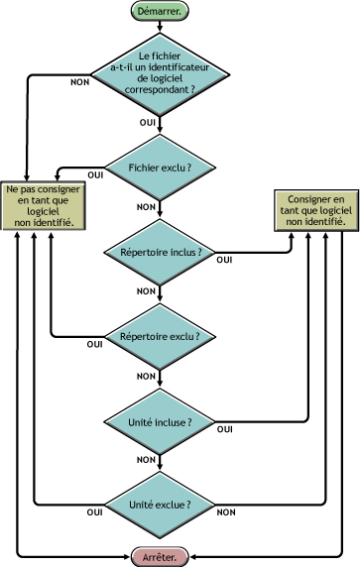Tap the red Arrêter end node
[x=159, y=556]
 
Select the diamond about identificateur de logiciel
[x=159, y=74]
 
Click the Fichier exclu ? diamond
[x=159, y=167]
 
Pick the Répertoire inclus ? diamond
[x=159, y=252]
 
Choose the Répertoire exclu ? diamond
[x=159, y=336]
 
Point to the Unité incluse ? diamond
[x=159, y=421]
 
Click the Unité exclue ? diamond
[x=159, y=505]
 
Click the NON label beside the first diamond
[x=81, y=81]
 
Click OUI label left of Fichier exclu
[x=96, y=174]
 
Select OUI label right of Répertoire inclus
[x=225, y=260]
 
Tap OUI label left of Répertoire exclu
[x=95, y=344]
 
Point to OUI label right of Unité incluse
[x=225, y=429]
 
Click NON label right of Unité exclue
[x=226, y=512]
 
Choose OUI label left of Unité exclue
[x=95, y=512]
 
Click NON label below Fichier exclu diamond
[x=146, y=207]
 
